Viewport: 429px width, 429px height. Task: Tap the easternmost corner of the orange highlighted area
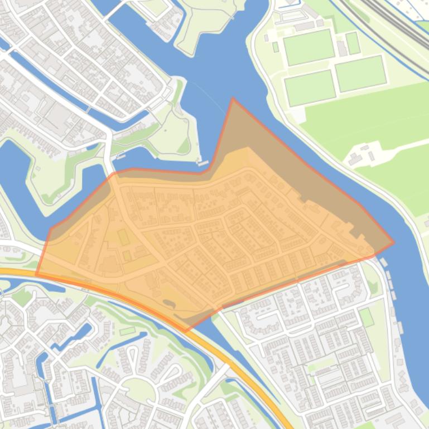point(393,243)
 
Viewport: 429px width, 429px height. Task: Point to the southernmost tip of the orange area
point(186,331)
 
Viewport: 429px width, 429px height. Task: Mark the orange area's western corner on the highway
point(37,275)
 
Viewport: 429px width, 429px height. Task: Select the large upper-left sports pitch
point(309,47)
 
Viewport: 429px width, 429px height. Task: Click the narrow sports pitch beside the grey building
point(353,43)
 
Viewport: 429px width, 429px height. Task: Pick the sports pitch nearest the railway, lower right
point(360,73)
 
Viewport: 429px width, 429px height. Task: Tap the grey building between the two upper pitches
point(341,48)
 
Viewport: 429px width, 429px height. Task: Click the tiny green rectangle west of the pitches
point(276,47)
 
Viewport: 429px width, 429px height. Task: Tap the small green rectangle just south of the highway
point(127,331)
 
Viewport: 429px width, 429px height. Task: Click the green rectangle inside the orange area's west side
point(123,237)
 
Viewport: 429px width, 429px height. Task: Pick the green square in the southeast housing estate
point(366,318)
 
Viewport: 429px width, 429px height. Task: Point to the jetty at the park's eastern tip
point(203,163)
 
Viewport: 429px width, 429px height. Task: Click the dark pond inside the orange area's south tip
point(167,303)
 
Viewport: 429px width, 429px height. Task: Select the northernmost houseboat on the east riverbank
point(383,261)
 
